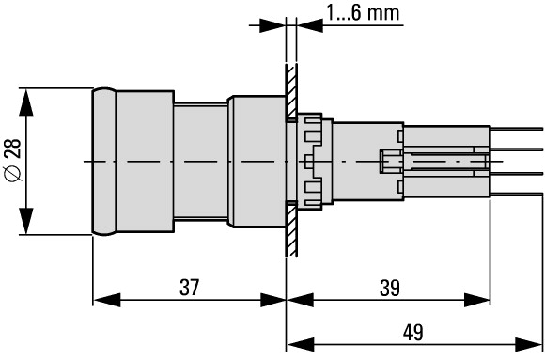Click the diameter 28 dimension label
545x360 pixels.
13,160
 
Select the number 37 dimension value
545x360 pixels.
190,288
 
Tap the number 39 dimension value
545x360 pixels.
390,288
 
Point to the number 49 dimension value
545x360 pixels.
413,332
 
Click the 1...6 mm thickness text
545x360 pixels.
363,13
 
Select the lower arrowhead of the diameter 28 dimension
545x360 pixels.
26,221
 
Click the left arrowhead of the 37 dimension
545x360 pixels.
107,300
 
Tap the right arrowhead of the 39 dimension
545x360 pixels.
477,300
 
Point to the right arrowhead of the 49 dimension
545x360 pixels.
529,344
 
